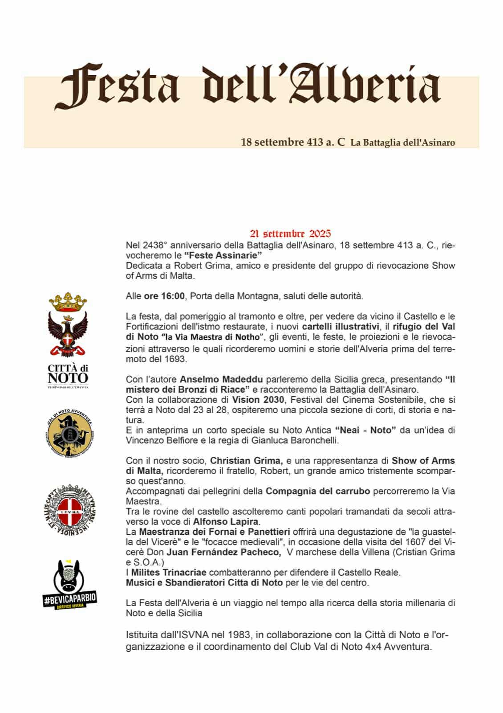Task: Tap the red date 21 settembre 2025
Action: tap(290, 234)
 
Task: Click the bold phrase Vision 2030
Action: tap(258, 400)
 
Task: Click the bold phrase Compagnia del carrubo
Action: tap(318, 491)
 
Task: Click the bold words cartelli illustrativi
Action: tap(341, 326)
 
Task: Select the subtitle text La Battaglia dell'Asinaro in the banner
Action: tap(402, 143)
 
